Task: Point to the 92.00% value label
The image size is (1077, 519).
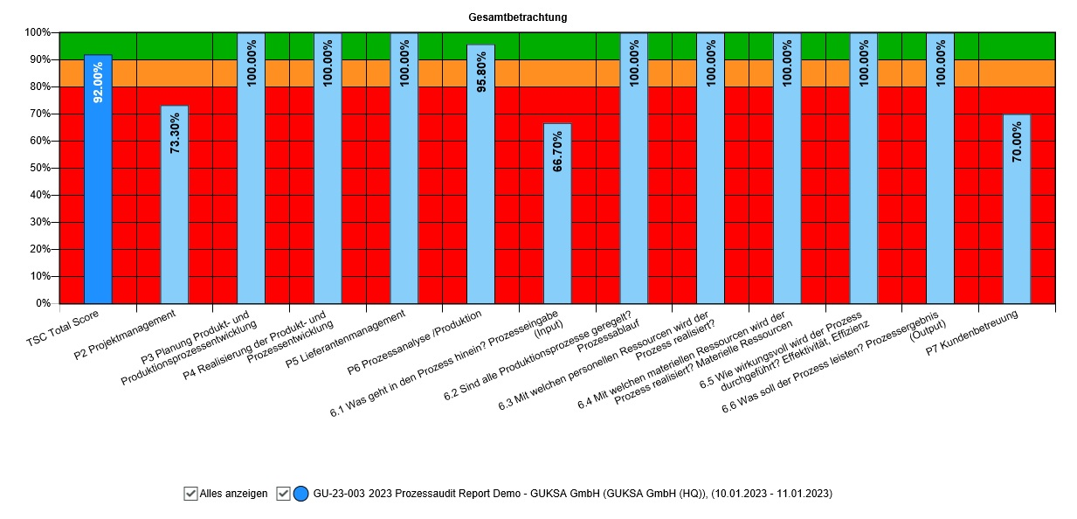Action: [x=98, y=82]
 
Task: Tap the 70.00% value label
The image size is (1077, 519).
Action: [x=1017, y=142]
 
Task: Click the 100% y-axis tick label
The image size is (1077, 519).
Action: [x=36, y=32]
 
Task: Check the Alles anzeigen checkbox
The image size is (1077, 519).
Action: [x=191, y=494]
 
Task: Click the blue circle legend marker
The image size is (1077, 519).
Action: [x=301, y=494]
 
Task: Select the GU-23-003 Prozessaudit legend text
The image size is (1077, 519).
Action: [x=572, y=494]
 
